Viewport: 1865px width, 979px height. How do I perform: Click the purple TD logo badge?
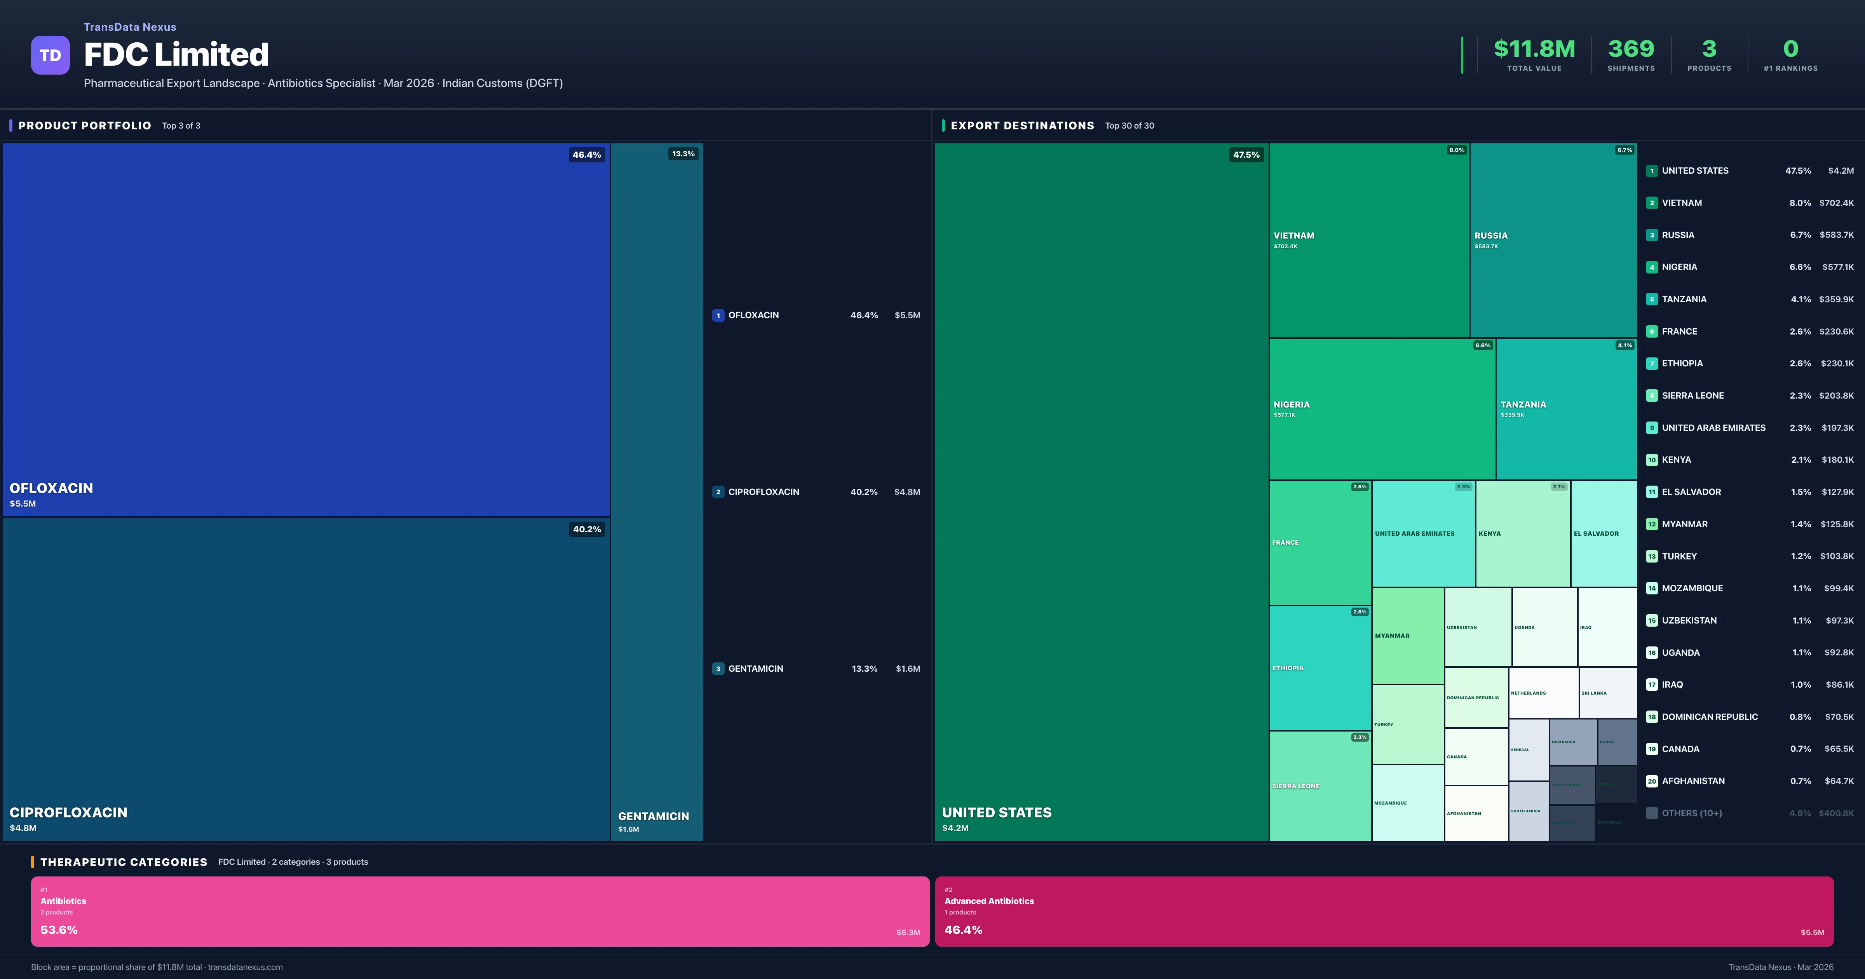tap(50, 55)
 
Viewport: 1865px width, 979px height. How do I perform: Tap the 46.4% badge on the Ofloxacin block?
tap(586, 155)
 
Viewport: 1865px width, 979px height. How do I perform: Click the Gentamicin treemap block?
tap(657, 492)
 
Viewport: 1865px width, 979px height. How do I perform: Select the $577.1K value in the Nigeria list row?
tap(1837, 267)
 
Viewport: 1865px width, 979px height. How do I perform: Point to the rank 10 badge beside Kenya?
tap(1651, 460)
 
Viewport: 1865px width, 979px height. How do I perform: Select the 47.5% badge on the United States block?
tap(1246, 155)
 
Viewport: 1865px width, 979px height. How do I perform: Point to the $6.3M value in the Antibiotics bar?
tap(908, 933)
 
